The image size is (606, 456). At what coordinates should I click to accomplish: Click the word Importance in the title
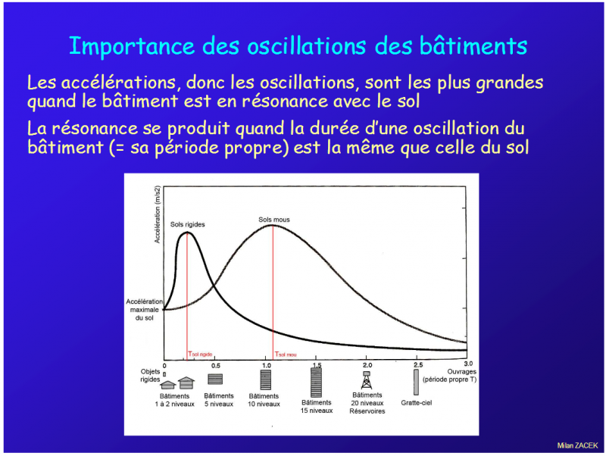tap(132, 46)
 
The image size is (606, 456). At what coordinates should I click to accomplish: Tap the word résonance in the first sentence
tap(285, 102)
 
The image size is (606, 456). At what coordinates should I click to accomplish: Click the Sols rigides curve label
tap(187, 224)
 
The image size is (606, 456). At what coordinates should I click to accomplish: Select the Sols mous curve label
tap(274, 220)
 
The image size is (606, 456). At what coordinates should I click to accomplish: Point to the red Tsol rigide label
tap(200, 354)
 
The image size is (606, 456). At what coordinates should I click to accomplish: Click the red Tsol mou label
tap(286, 354)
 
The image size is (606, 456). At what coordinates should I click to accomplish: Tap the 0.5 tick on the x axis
tap(216, 366)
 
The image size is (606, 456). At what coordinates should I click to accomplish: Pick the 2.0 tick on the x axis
tap(367, 365)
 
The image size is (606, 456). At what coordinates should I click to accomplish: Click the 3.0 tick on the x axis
tap(468, 364)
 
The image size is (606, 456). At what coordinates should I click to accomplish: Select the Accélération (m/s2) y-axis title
tap(158, 214)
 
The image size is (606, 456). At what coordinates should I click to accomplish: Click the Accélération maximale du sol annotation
tap(144, 310)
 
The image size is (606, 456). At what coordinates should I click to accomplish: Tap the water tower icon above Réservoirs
tap(367, 380)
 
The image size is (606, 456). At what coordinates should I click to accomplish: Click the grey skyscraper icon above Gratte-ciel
tap(416, 383)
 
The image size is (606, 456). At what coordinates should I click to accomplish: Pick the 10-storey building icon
tap(266, 379)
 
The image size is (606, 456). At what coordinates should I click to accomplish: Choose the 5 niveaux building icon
tap(215, 379)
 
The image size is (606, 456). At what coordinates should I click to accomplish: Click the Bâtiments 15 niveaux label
tap(317, 407)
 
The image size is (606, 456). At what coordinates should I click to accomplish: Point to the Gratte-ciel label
tap(416, 403)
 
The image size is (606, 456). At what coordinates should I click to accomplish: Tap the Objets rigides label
tap(150, 375)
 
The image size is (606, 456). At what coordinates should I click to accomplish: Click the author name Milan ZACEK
tap(577, 445)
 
